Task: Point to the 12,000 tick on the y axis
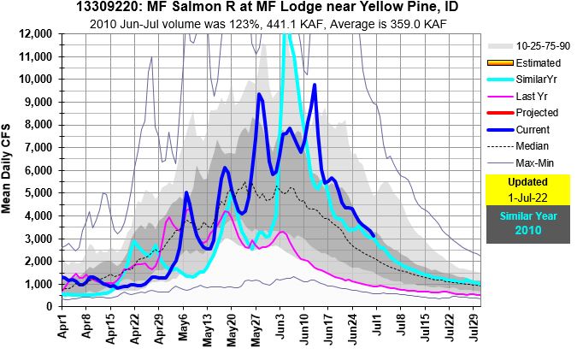point(39,33)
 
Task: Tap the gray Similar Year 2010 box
point(527,225)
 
